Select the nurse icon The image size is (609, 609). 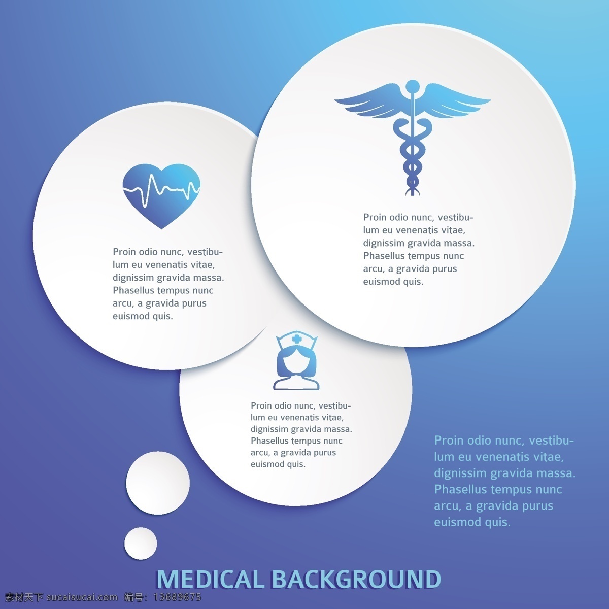[x=296, y=360]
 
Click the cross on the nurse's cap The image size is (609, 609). [x=296, y=340]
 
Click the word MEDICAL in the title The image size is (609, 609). [x=210, y=579]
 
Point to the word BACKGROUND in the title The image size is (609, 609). [x=356, y=579]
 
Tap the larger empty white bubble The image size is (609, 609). [x=158, y=483]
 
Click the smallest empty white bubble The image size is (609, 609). [x=140, y=544]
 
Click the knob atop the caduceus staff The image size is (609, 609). [x=413, y=86]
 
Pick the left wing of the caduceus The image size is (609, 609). [x=370, y=103]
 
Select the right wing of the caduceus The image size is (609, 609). [x=455, y=103]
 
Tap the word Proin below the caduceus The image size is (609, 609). [x=375, y=217]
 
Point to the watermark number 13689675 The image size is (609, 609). [x=177, y=597]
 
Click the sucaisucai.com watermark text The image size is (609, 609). [x=82, y=597]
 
